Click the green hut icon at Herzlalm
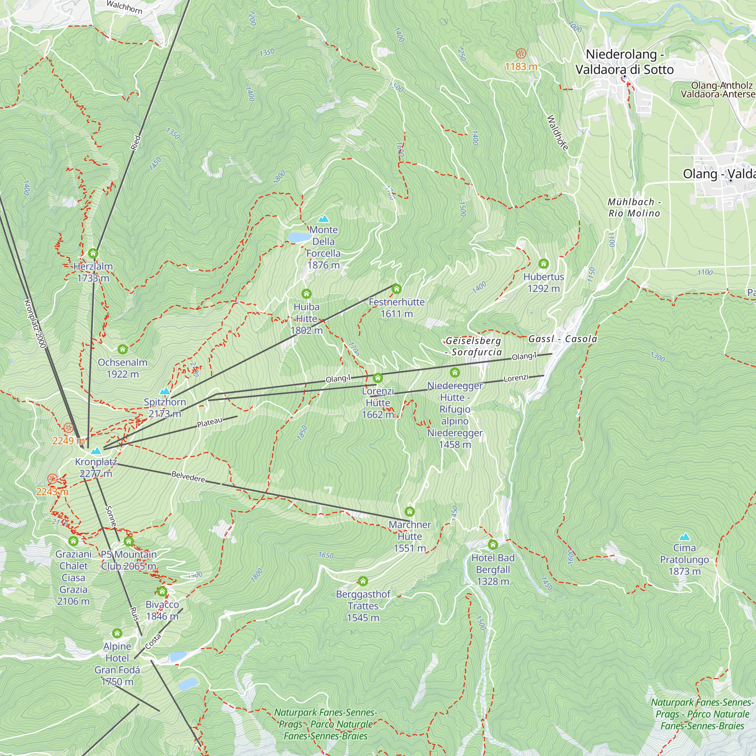pos(93,254)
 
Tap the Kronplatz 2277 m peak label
pos(96,468)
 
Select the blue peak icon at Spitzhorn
pos(165,391)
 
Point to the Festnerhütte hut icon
pos(397,289)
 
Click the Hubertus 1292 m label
pos(544,282)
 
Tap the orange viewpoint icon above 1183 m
pos(521,53)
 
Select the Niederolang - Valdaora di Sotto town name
pos(624,62)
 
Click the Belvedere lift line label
pos(188,477)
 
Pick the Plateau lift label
pos(210,423)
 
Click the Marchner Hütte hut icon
pos(410,511)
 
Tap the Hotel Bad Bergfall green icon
pos(493,544)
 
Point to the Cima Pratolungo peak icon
pos(685,536)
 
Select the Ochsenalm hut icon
pos(122,349)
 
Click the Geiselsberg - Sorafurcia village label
pos(473,346)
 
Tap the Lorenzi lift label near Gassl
pos(516,378)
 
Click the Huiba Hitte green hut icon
pos(307,293)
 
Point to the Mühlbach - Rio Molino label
pos(634,208)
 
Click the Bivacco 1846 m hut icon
pos(162,591)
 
